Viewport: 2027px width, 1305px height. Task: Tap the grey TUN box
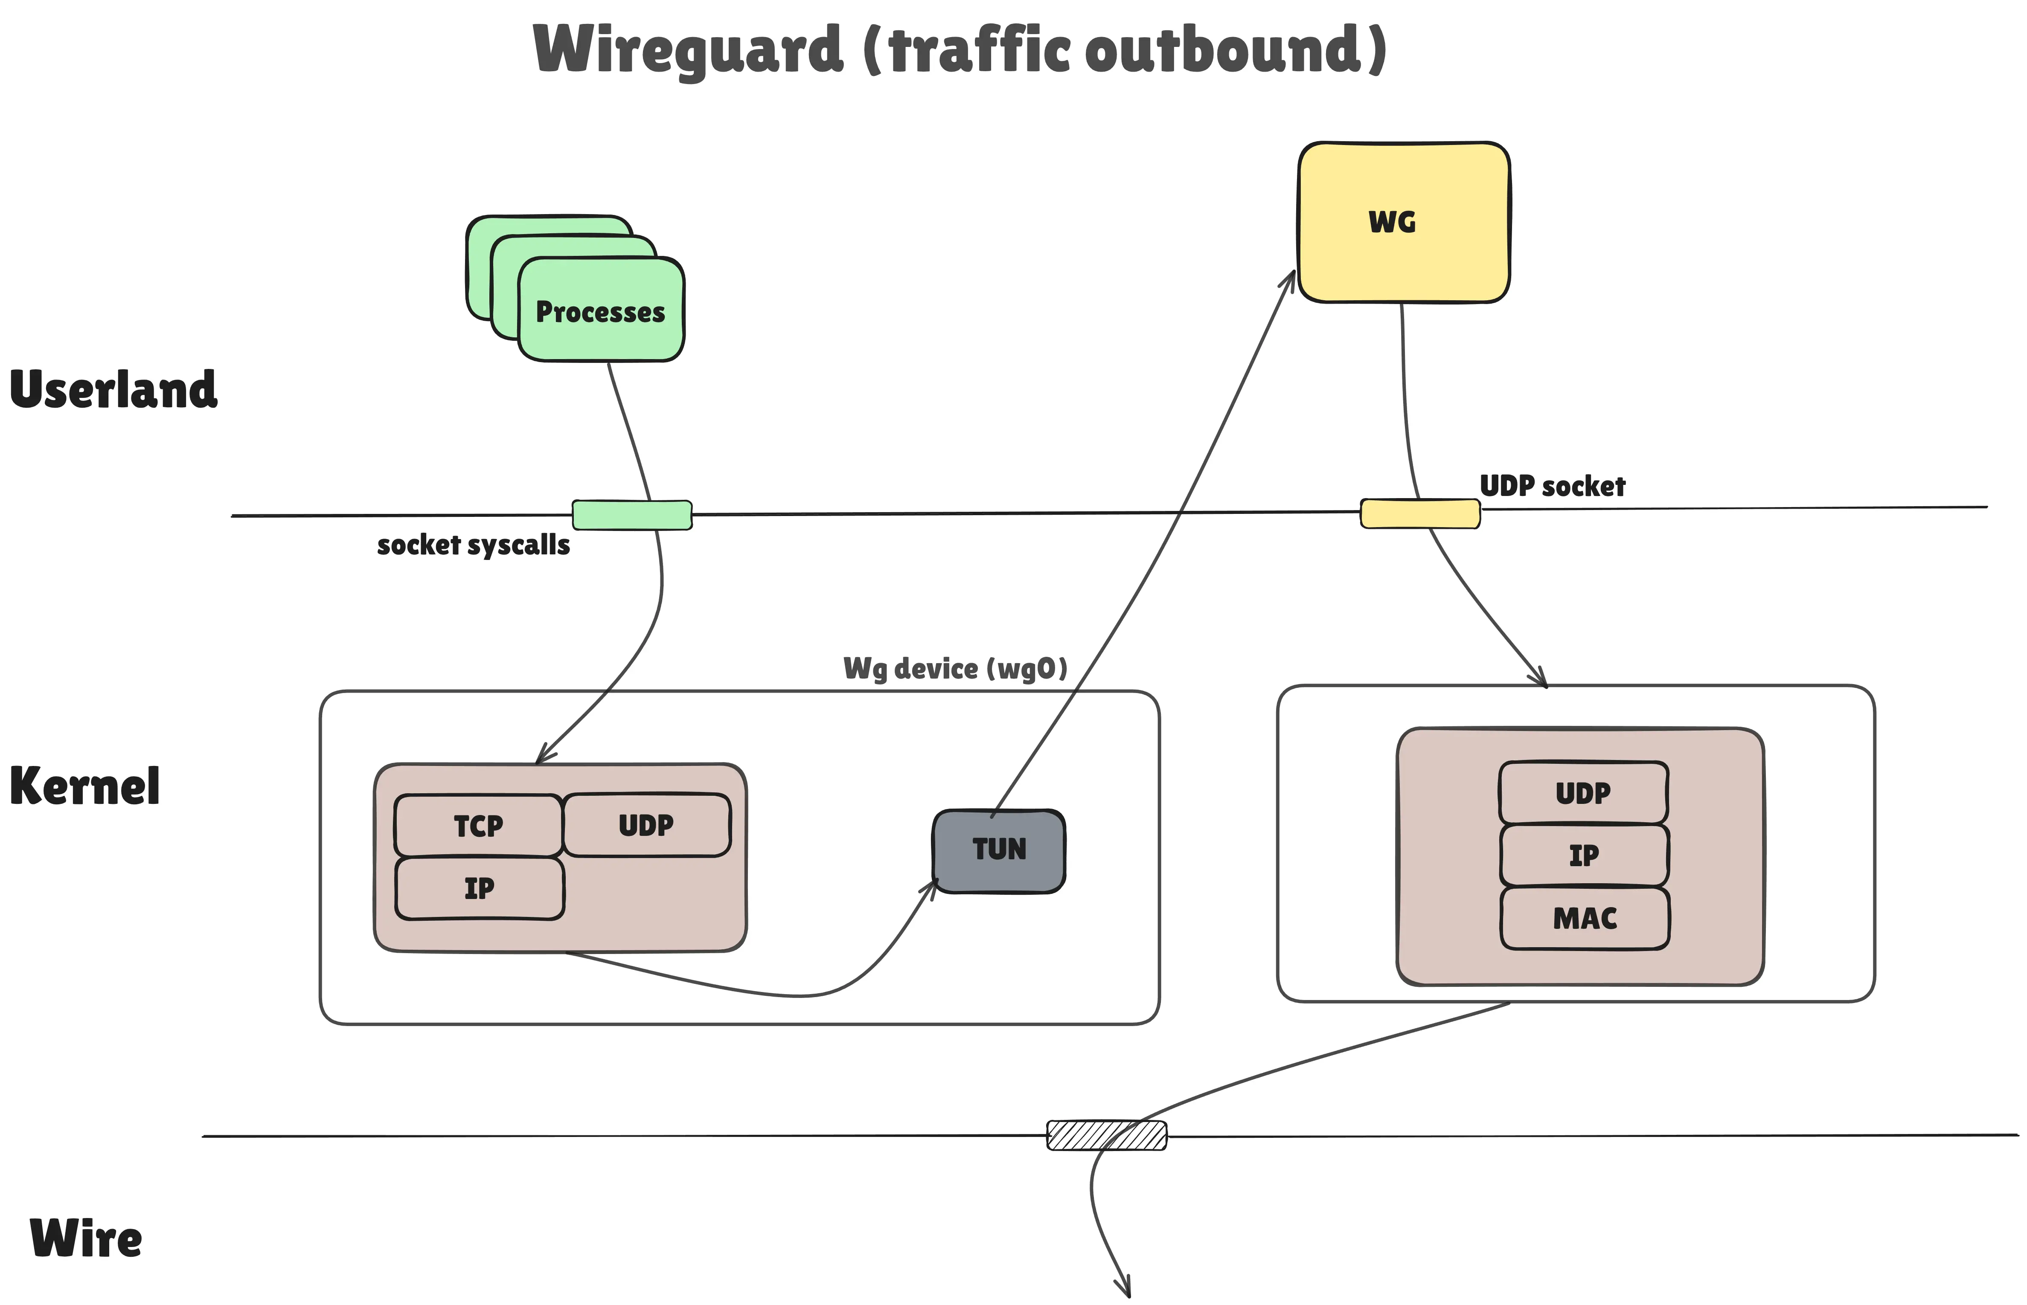tap(999, 850)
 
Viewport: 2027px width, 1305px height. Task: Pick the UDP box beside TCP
tap(646, 824)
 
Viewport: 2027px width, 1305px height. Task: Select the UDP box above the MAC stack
tap(1583, 792)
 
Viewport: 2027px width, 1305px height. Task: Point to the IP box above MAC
tap(1584, 855)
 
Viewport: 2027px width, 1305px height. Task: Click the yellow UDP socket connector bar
tap(1420, 513)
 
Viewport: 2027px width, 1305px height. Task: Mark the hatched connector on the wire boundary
tap(1106, 1135)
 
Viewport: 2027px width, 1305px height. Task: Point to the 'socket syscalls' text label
tap(473, 545)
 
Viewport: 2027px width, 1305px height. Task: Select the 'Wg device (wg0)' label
tap(954, 669)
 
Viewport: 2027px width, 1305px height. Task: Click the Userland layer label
tap(113, 390)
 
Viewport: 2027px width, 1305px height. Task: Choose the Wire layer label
tap(86, 1239)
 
